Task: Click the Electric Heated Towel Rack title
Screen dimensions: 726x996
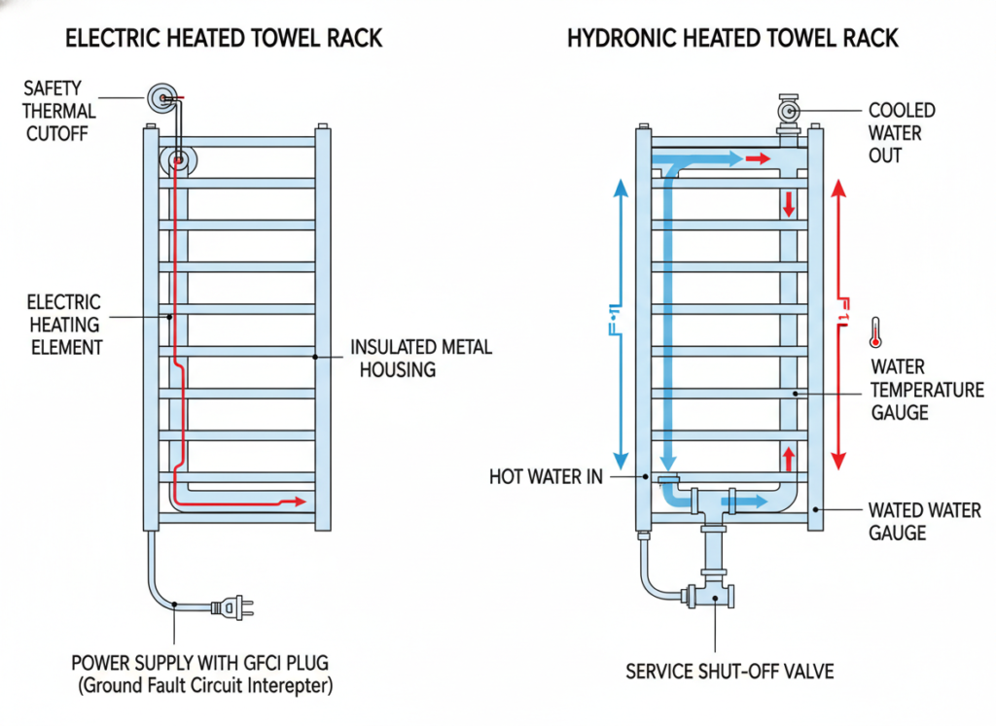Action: (223, 39)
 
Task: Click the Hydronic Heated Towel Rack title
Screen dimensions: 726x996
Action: (731, 39)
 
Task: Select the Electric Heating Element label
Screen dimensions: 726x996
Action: (64, 325)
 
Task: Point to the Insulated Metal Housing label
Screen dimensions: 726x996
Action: (420, 358)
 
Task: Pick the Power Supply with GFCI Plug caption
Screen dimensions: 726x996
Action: (199, 664)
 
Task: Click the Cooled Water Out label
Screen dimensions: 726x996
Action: (901, 132)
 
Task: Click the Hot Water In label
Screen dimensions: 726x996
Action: (546, 476)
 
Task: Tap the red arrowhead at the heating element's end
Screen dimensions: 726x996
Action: (300, 502)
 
